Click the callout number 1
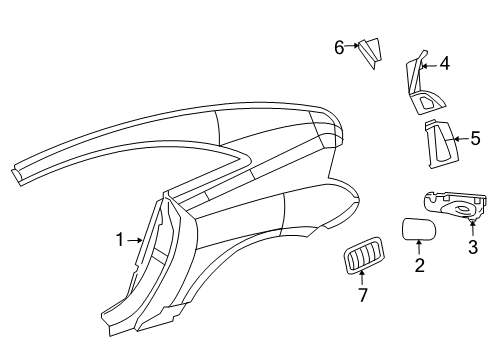pos(119,239)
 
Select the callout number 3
pos(472,247)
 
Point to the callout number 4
pos(444,64)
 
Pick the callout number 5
pos(475,139)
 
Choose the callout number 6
pos(339,46)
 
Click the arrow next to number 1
pos(136,239)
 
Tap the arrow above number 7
pos(364,279)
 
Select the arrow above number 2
pos(420,249)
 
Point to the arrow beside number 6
pos(353,46)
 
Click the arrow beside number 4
pos(428,64)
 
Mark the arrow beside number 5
pos(460,139)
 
